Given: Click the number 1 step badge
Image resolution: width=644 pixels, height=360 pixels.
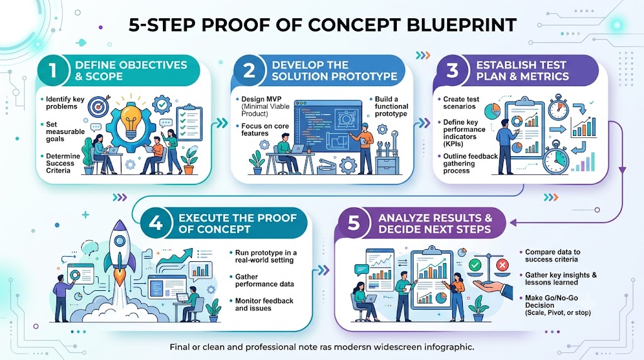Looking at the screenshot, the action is [x=53, y=70].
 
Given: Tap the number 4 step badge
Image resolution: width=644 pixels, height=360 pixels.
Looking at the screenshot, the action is [x=155, y=223].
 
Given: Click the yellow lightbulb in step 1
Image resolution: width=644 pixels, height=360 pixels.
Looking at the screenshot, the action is [x=131, y=120].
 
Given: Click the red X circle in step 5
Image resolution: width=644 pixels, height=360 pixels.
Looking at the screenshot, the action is [x=502, y=265].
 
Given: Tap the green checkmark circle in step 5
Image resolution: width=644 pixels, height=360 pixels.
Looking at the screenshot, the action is [x=475, y=265].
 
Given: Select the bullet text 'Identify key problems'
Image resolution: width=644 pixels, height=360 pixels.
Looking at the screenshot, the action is [x=65, y=103].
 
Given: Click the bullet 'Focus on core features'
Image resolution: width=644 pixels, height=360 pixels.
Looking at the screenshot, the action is [x=265, y=130].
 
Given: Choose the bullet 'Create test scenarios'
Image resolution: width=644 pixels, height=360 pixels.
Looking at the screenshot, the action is [x=461, y=103].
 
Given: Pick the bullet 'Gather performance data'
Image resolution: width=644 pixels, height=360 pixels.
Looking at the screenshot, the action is [x=264, y=280].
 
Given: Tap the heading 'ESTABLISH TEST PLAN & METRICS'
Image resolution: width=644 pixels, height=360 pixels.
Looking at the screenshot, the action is [x=523, y=70].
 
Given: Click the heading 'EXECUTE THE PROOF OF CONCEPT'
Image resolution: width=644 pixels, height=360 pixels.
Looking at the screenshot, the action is [x=237, y=223].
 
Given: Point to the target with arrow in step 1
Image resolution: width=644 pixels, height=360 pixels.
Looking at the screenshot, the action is [x=99, y=105].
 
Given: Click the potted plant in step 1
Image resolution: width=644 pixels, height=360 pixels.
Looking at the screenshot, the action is [x=189, y=160].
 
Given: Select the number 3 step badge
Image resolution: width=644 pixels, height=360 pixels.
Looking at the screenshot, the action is [x=452, y=70].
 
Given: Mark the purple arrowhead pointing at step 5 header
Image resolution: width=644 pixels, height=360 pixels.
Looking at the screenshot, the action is [x=513, y=223].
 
